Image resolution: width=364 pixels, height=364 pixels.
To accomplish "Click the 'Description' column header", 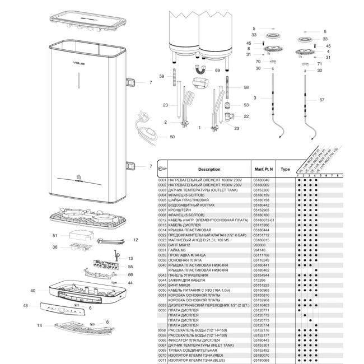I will coord(209,169).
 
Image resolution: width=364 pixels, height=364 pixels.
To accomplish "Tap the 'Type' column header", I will coord(285,169).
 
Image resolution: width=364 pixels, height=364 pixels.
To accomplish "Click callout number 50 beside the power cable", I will coord(172,137).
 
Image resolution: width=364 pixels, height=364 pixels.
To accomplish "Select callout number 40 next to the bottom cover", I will coord(33,291).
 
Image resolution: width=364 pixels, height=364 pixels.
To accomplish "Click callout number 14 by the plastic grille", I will coord(40,325).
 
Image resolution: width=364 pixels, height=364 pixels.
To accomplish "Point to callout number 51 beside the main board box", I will coord(55,235).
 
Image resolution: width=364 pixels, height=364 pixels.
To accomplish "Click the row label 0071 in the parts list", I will coord(162,360).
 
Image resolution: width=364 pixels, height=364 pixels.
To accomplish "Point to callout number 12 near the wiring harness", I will coord(135,240).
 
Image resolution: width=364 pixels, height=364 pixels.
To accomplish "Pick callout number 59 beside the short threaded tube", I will coord(161,76).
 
